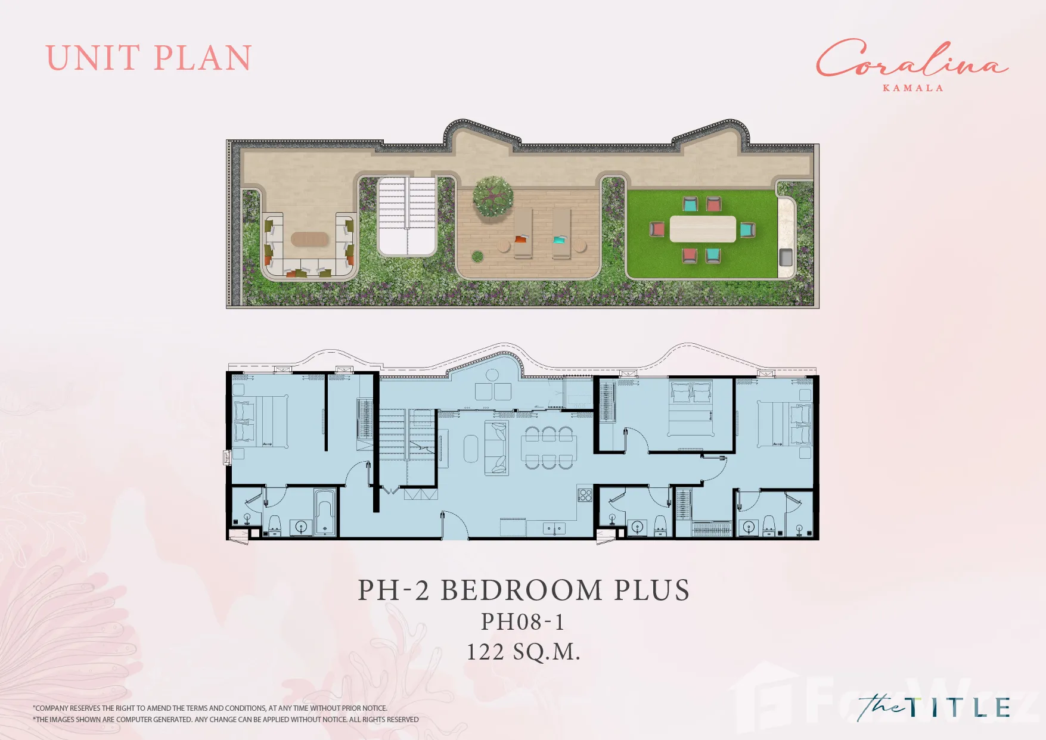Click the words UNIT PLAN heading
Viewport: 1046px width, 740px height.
click(148, 58)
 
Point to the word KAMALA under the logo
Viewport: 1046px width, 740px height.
click(913, 88)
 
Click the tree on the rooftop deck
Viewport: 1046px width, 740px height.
click(493, 196)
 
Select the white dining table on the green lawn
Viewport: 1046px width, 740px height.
click(703, 229)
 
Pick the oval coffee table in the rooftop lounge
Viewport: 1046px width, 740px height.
click(309, 239)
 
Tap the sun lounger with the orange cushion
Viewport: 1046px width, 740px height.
click(523, 233)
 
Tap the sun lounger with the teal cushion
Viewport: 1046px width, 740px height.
click(561, 233)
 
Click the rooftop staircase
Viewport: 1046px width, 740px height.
click(407, 216)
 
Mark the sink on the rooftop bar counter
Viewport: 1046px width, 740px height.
click(786, 257)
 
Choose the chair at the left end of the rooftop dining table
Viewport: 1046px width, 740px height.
click(656, 229)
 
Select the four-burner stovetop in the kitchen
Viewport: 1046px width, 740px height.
click(585, 495)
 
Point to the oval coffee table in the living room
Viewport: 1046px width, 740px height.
click(471, 449)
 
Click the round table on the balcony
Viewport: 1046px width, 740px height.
click(492, 375)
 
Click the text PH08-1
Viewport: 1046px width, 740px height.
click(523, 621)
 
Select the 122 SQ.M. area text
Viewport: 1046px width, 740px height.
click(523, 652)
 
